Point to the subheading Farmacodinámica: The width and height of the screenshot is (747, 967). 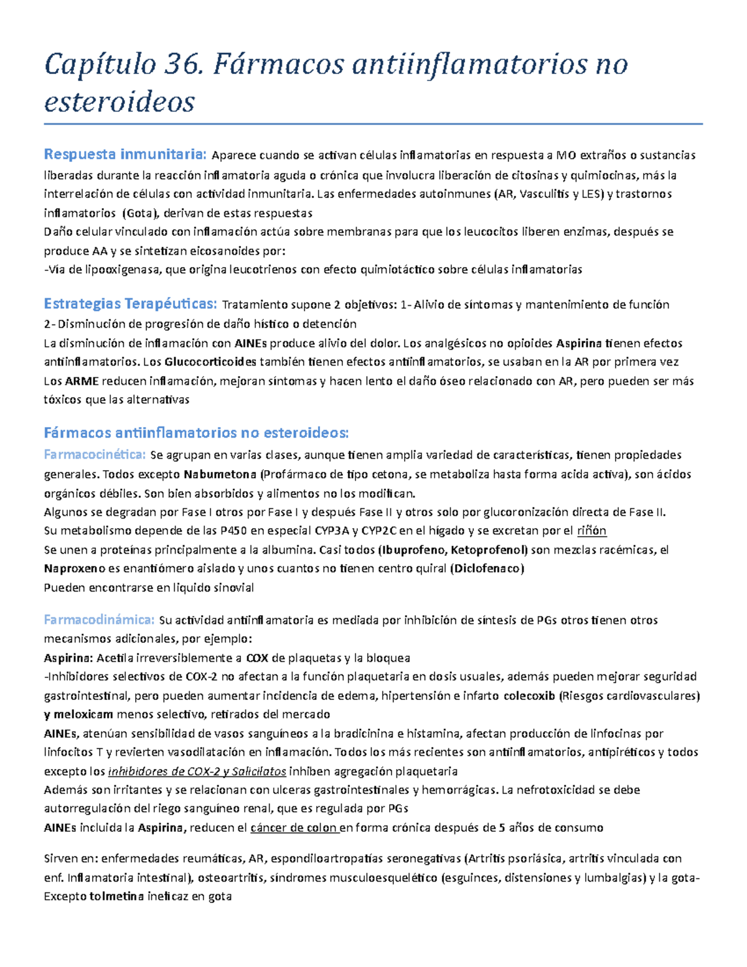99,620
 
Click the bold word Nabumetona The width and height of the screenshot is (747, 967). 220,474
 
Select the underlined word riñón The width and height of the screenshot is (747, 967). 591,531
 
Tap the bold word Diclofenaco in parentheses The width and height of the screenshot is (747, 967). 487,568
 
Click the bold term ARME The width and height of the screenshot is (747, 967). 82,380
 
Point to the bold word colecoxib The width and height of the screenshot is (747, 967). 529,696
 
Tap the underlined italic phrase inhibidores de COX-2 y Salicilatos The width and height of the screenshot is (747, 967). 197,771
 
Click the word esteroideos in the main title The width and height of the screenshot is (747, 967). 120,102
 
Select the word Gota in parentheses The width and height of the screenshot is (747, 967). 139,213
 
